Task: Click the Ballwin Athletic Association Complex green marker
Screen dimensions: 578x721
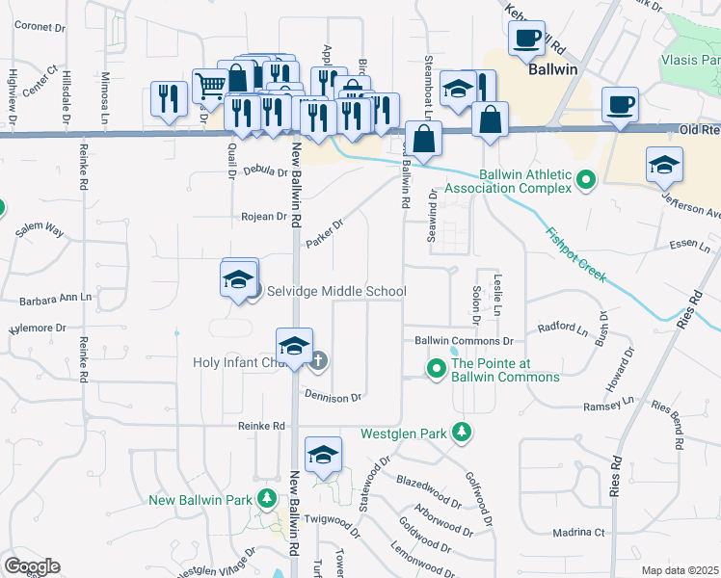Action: [x=585, y=179]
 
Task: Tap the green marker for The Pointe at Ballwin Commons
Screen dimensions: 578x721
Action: [x=436, y=368]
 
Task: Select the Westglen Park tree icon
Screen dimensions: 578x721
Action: [x=464, y=433]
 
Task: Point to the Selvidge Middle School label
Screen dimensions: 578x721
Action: [x=331, y=291]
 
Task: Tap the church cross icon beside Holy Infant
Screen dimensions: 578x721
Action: [x=319, y=361]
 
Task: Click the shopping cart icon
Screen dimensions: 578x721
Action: [x=209, y=86]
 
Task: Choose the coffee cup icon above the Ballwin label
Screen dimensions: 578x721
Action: [x=527, y=39]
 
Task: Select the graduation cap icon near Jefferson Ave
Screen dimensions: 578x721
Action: [x=664, y=165]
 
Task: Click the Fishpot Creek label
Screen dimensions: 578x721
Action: [x=575, y=253]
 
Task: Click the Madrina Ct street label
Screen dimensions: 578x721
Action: [x=578, y=532]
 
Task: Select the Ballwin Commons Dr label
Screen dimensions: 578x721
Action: [x=464, y=341]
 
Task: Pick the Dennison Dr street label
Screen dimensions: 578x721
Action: [x=333, y=396]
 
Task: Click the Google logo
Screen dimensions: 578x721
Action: [x=33, y=566]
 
